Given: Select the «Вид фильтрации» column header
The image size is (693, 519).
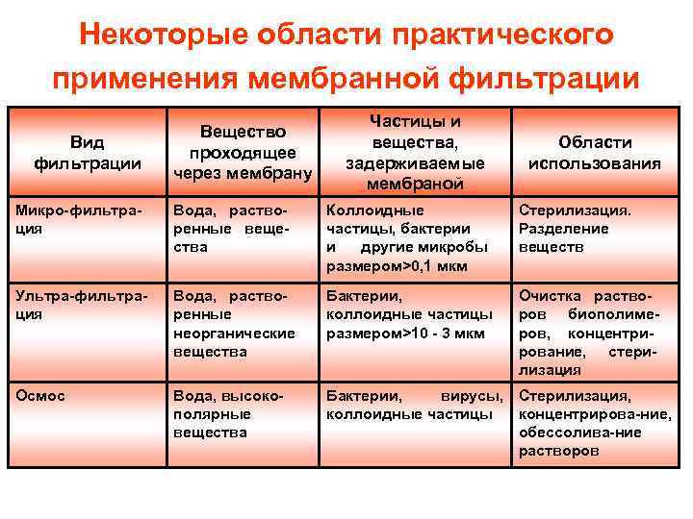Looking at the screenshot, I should click(x=88, y=153).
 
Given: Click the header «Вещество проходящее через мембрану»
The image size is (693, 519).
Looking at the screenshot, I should click(x=243, y=153).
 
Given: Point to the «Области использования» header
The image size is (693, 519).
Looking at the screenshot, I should click(x=594, y=153).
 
